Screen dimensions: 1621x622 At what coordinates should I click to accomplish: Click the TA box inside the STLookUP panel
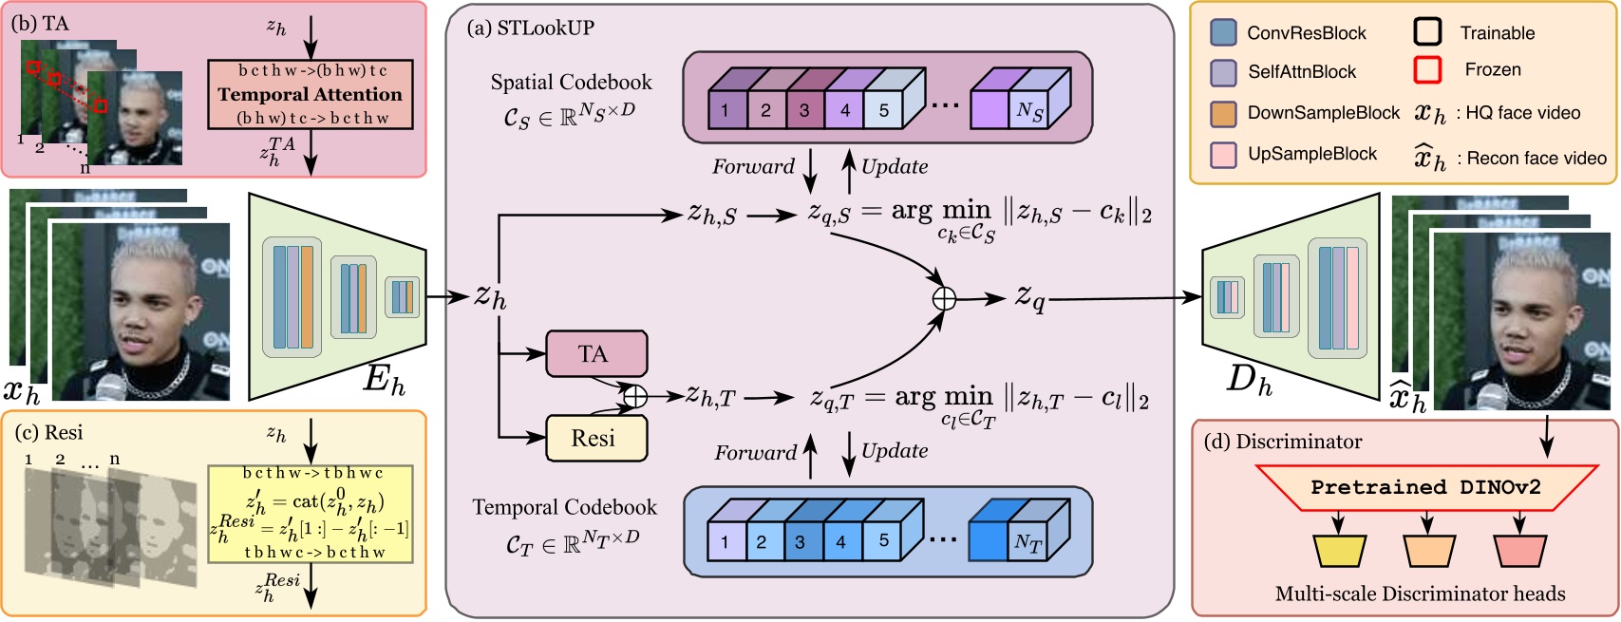point(596,353)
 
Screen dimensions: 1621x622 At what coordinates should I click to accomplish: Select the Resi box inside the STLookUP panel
point(596,439)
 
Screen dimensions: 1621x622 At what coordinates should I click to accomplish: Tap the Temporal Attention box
point(311,94)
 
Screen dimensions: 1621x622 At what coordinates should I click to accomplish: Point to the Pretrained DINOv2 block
point(1425,487)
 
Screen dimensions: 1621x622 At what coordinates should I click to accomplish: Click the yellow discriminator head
point(1339,551)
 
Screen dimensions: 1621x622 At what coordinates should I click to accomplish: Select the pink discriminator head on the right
point(1519,551)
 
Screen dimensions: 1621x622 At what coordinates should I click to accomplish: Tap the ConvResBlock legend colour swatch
point(1223,32)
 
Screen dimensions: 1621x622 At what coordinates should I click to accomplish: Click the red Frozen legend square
point(1427,69)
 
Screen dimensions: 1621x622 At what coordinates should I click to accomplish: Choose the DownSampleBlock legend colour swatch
point(1223,113)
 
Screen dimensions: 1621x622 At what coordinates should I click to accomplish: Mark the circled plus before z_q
point(944,298)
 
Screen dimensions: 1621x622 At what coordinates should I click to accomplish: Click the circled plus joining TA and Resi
point(634,396)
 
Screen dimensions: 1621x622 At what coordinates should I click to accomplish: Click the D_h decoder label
point(1249,380)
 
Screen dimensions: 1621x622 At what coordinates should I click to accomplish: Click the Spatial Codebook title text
point(571,82)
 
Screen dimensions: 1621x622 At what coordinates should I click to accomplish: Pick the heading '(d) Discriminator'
point(1282,442)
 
